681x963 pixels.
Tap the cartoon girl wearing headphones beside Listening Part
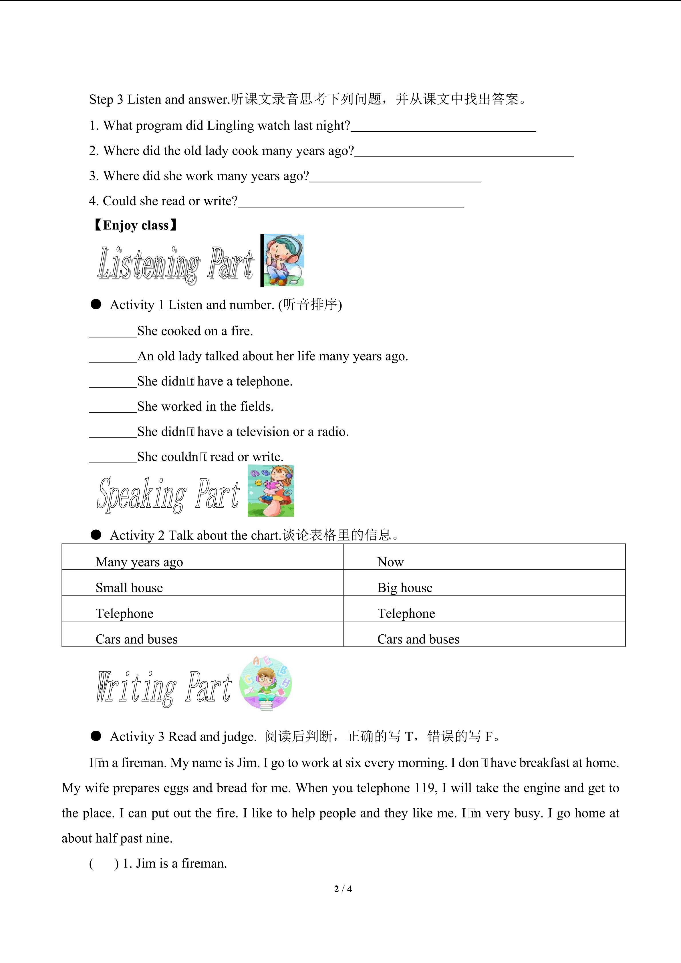click(x=283, y=261)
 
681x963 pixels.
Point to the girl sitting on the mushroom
click(x=271, y=491)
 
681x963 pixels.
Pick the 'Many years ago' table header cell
click(x=139, y=562)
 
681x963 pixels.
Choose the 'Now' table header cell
click(x=390, y=562)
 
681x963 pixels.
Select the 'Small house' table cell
click(x=129, y=587)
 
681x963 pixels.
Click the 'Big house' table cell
click(x=405, y=587)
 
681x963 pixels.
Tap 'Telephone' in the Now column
click(x=406, y=613)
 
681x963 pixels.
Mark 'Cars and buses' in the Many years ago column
click(x=137, y=639)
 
